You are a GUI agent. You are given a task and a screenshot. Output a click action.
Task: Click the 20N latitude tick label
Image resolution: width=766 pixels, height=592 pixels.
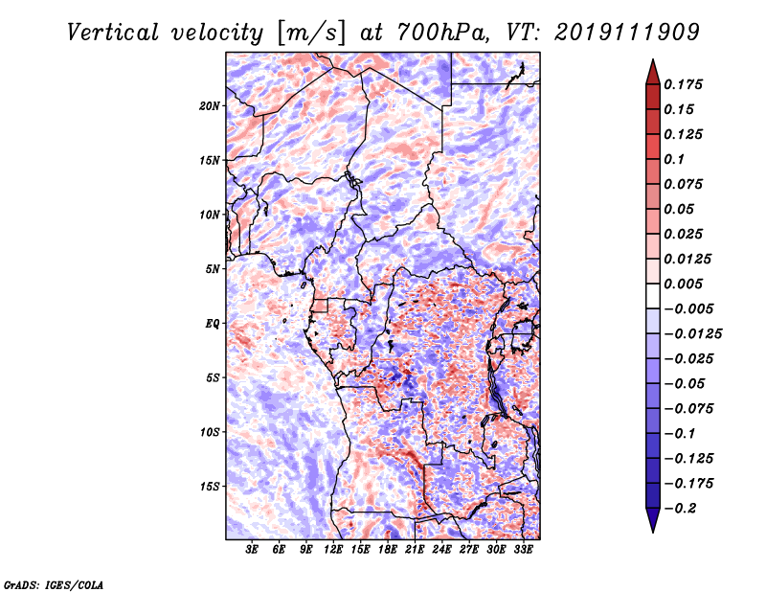(210, 105)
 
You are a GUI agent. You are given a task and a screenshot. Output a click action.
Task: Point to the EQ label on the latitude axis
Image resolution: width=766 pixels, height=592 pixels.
(213, 324)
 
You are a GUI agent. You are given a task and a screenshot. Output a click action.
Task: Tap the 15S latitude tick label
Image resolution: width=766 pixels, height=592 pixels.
(210, 487)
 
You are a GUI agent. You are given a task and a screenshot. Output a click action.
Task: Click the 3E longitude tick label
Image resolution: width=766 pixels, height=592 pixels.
(253, 550)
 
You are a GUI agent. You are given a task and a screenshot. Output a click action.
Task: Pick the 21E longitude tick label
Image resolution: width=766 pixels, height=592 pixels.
(416, 550)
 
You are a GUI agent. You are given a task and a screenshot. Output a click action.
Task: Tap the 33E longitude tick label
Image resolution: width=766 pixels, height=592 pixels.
(524, 550)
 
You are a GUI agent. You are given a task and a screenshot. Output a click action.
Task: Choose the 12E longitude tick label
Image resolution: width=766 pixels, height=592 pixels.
(334, 550)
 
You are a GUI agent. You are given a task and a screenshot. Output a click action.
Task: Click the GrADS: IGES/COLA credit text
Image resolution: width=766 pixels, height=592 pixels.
(54, 583)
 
